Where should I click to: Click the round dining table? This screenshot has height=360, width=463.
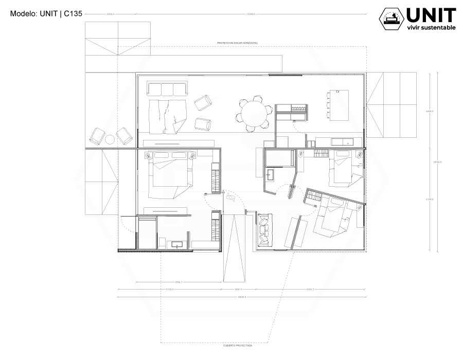[x=255, y=114]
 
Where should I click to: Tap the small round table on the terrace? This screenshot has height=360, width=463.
[x=111, y=139]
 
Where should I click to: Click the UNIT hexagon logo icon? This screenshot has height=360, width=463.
[x=391, y=19]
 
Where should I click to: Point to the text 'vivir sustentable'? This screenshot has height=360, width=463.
[x=431, y=27]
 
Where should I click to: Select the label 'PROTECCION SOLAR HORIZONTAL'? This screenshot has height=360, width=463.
[x=238, y=43]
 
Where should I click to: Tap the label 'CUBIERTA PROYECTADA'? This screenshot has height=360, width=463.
[x=238, y=346]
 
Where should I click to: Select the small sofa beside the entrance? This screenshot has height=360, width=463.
[x=264, y=228]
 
